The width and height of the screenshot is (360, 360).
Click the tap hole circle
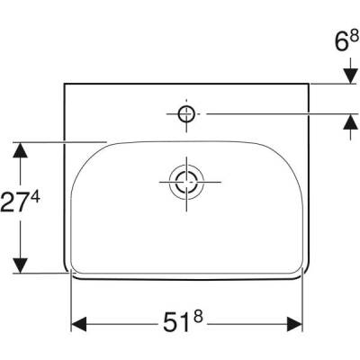[186, 113]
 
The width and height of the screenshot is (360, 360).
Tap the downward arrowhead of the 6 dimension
[348, 78]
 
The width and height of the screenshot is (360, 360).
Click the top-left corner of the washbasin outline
[65, 84]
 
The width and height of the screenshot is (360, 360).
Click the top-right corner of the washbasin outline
[308, 84]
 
